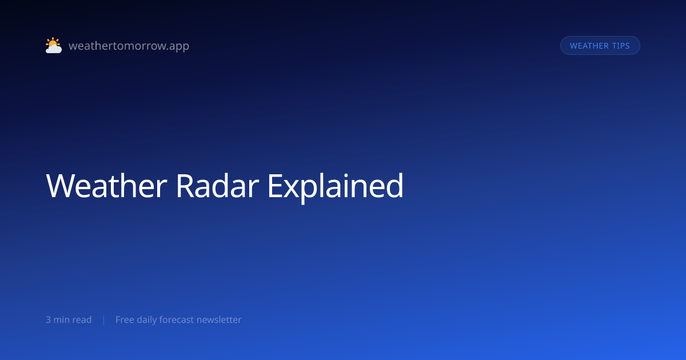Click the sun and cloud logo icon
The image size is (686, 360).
54,45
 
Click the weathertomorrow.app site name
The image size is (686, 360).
129,46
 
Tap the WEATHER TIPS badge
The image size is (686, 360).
600,46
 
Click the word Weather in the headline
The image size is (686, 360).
106,186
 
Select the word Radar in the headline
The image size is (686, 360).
217,186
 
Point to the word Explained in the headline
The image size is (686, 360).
336,187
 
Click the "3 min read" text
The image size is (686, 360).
69,319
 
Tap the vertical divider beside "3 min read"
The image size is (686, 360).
104,320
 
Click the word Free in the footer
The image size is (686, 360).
125,319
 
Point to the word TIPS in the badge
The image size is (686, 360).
621,46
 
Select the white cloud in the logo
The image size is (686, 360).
54,49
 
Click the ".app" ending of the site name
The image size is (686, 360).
179,46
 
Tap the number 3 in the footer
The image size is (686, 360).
48,319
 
